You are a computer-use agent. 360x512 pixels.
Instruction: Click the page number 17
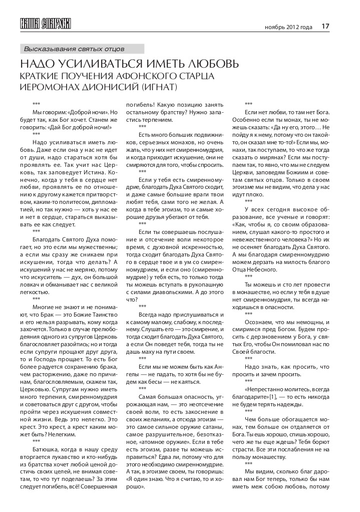(325, 26)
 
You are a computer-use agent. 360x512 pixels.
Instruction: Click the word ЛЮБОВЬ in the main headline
(210, 65)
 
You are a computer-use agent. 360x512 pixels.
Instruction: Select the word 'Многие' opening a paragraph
(43, 307)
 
